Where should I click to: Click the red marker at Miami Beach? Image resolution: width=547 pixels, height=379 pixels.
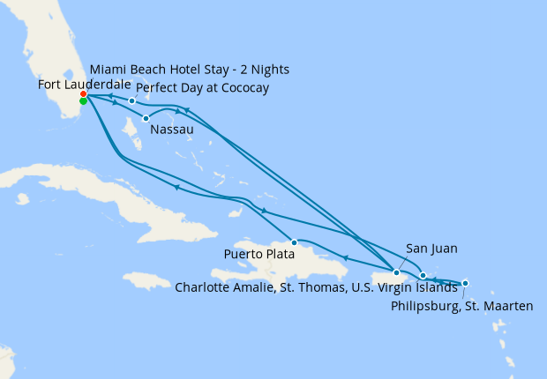coord(83,93)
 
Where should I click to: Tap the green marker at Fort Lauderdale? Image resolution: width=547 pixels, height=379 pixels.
coord(83,101)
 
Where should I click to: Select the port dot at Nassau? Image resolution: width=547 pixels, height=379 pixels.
coord(146,118)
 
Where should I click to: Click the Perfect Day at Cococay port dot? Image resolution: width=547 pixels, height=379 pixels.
coord(132,100)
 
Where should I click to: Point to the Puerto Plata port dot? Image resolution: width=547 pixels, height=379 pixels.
coord(294,242)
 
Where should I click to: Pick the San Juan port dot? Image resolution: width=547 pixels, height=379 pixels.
coord(397,272)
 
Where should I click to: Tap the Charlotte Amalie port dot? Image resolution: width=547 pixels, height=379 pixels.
coord(423,276)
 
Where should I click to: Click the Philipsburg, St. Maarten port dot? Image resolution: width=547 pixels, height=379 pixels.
coord(465,283)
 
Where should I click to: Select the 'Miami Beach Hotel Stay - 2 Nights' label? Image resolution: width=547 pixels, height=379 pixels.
coord(189,70)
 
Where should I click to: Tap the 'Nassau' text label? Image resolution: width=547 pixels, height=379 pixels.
coord(172,130)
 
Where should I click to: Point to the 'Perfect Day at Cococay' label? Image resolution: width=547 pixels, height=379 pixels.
coord(202,88)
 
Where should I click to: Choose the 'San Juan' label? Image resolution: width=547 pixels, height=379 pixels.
coord(431,249)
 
